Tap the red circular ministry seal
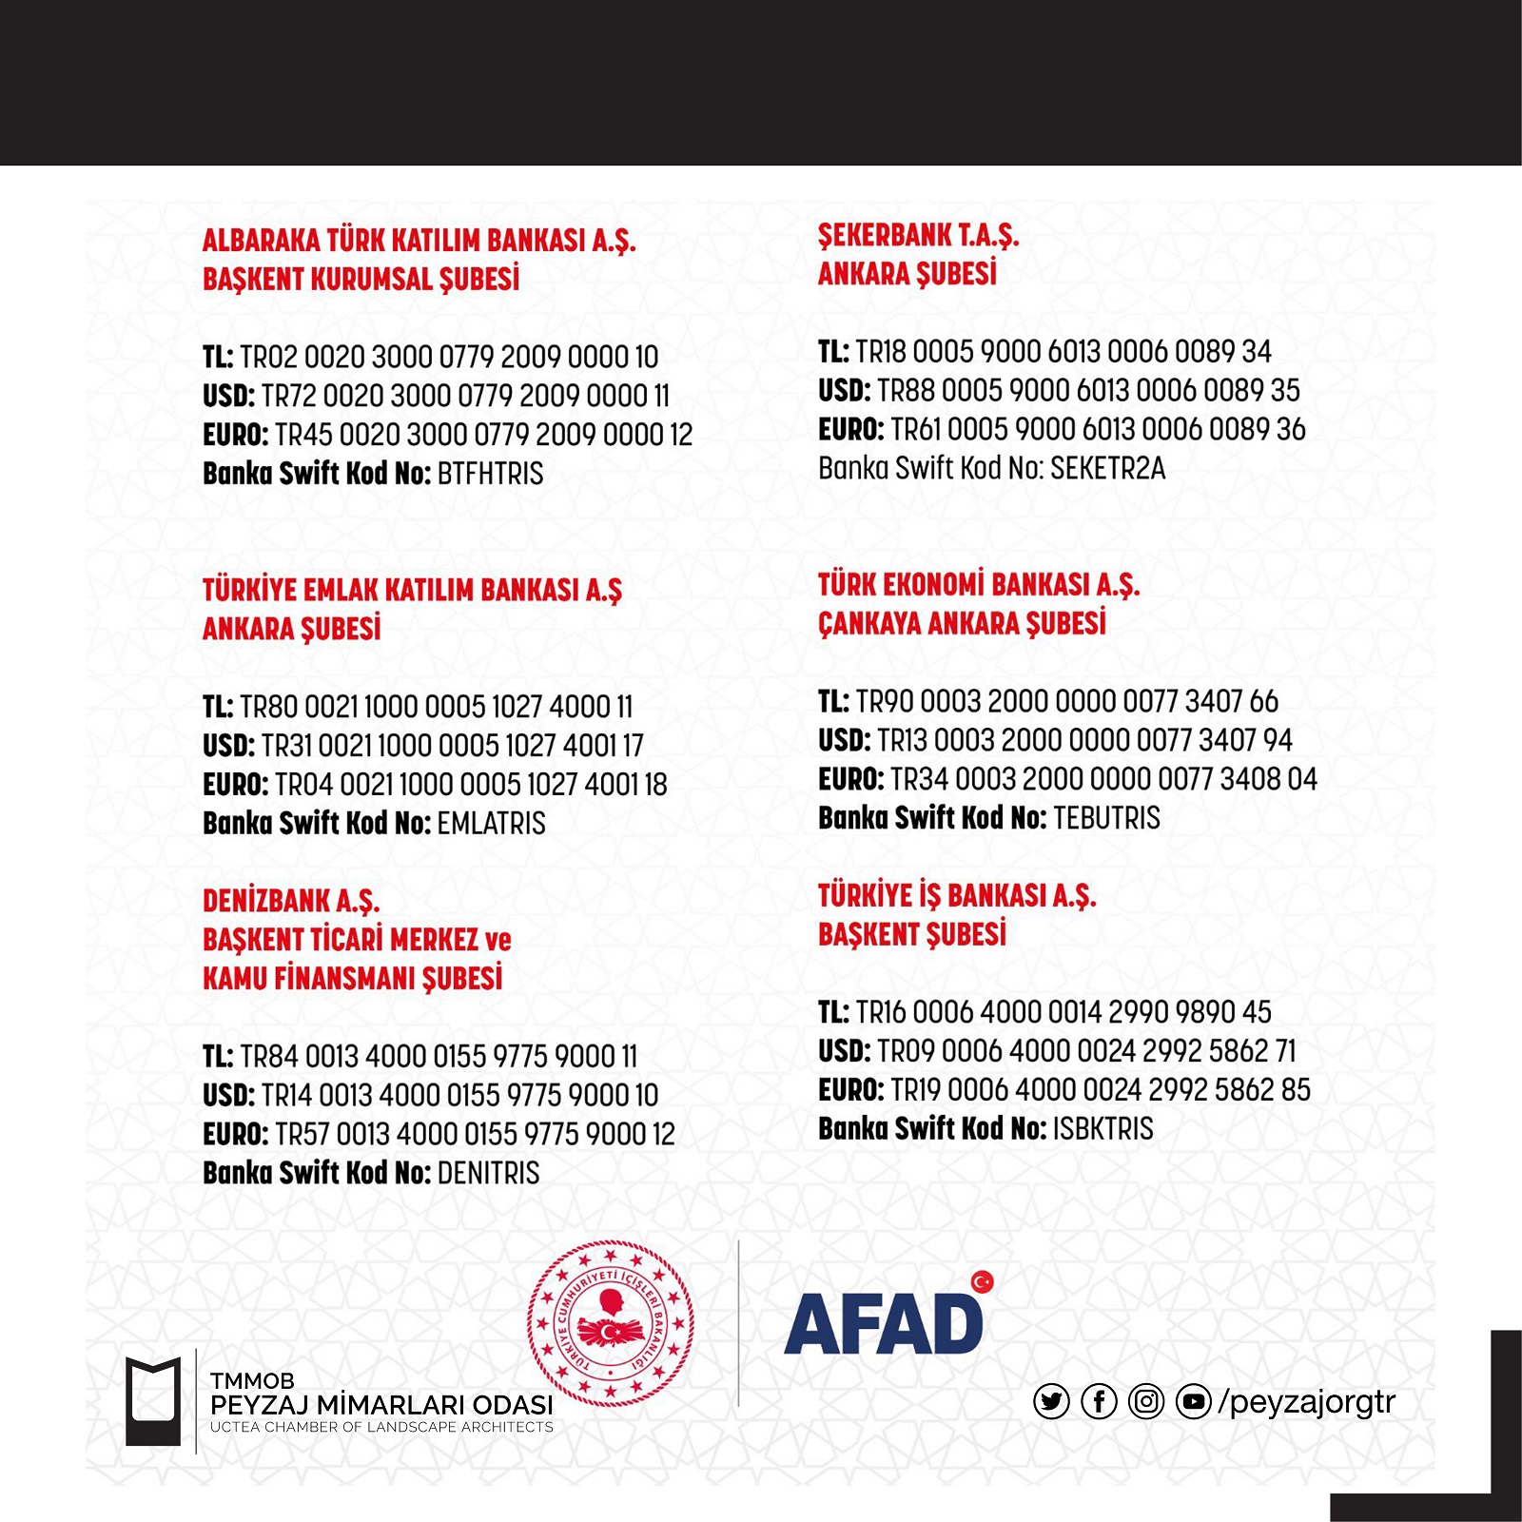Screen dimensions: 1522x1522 [610, 1323]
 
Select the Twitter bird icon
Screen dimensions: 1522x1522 [1051, 1401]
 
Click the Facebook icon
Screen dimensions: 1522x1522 [1099, 1401]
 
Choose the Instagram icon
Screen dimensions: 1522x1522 [1146, 1401]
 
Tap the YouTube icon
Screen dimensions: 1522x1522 [1194, 1401]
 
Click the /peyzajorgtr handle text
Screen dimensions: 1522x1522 [1307, 1401]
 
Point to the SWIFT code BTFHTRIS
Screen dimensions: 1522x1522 [490, 474]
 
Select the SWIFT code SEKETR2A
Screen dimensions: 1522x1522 [1107, 468]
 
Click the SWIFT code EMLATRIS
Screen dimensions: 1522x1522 [491, 824]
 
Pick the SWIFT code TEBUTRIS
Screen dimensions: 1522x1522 [1106, 818]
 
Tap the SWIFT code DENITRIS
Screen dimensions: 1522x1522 [488, 1173]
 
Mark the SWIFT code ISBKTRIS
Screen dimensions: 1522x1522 [1102, 1129]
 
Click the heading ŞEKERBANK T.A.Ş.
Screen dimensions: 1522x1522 [918, 236]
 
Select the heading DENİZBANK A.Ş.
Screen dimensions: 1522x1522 [291, 901]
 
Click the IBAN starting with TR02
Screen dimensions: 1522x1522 [449, 358]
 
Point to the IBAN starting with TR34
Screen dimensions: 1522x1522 [1103, 779]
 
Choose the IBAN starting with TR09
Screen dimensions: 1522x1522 [1086, 1051]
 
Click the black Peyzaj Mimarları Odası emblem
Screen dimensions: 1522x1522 [153, 1401]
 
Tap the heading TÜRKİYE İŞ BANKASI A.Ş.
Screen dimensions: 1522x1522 [957, 896]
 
